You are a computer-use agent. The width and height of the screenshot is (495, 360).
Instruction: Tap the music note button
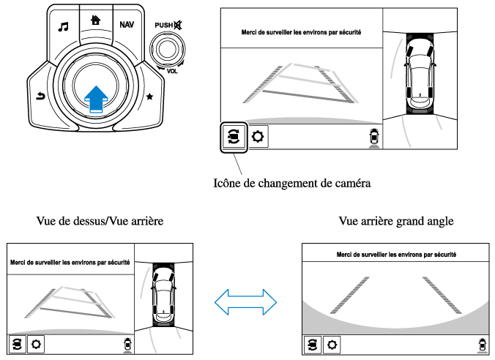click(x=63, y=26)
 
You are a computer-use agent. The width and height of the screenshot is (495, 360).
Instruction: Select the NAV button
click(x=127, y=25)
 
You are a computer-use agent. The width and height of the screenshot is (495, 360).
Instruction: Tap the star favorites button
click(x=150, y=97)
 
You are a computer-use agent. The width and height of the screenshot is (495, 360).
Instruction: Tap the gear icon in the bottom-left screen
click(x=36, y=344)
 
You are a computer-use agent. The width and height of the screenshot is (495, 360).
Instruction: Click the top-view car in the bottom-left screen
click(x=162, y=293)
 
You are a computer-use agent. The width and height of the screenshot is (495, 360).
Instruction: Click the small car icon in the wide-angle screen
click(x=481, y=344)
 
